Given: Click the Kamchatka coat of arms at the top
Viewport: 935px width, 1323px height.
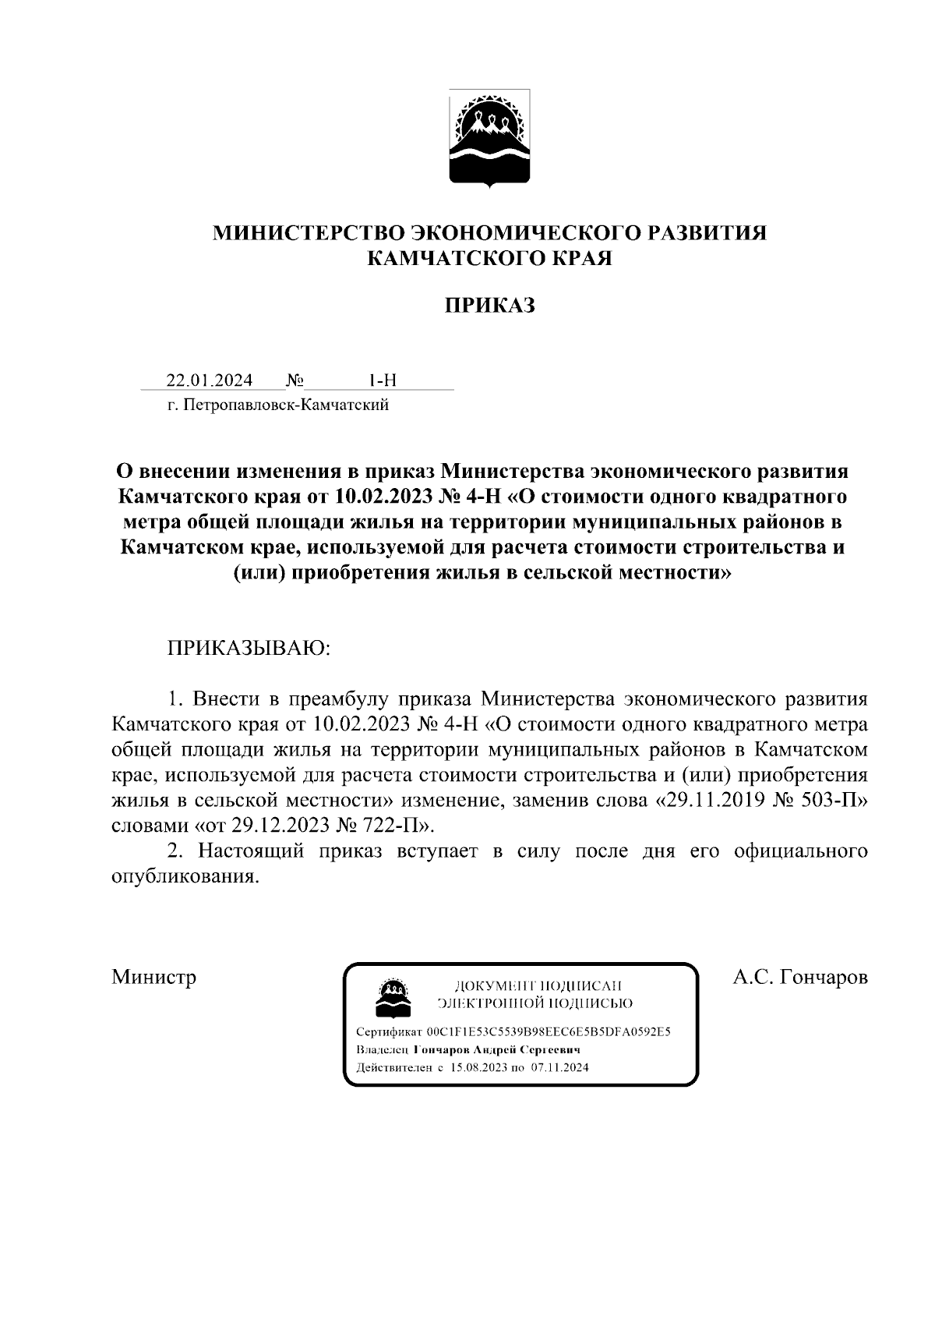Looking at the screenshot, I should click(x=489, y=138).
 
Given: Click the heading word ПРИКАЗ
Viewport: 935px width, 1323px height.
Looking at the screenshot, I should click(x=489, y=306).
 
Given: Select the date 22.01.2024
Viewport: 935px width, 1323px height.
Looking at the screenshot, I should click(x=210, y=380).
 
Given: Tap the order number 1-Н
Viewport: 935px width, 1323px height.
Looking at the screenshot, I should click(x=382, y=380).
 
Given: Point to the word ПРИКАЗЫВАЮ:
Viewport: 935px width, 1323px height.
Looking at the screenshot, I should click(x=249, y=649).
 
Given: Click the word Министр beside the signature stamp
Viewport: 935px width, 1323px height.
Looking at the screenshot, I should click(x=153, y=977).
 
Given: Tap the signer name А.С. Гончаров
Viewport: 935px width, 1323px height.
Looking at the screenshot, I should click(x=800, y=977).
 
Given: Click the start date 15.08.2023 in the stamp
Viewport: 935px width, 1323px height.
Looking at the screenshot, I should click(x=478, y=1067).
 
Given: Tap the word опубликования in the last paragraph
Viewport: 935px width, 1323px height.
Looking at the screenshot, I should click(x=185, y=876).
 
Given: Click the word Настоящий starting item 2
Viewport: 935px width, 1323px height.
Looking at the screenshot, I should click(x=250, y=851).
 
